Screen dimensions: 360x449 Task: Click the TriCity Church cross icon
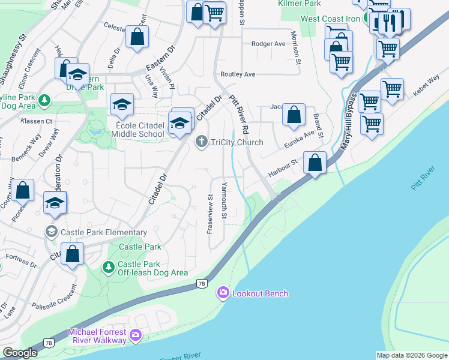click(202, 142)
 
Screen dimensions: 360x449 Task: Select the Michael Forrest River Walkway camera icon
click(135, 334)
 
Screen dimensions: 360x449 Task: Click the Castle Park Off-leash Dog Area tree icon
click(108, 266)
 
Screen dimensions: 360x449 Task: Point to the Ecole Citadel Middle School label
click(128, 134)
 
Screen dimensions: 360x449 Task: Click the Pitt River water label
click(424, 179)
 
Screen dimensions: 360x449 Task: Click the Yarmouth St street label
click(225, 200)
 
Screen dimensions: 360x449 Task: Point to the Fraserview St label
click(211, 214)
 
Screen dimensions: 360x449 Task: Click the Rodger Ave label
click(268, 44)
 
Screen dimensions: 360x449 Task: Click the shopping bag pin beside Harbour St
click(315, 163)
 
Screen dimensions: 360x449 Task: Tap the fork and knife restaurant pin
click(391, 22)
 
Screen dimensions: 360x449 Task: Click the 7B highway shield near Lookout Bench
click(202, 283)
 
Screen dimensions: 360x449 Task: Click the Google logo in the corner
click(20, 353)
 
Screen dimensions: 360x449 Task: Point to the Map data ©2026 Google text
click(412, 355)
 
